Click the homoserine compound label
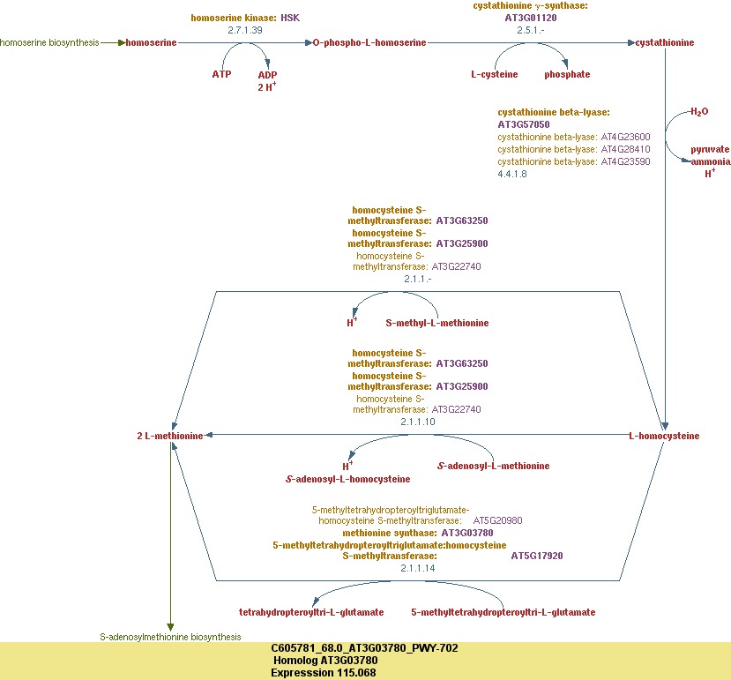pyautogui.click(x=151, y=42)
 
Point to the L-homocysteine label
pyautogui.click(x=664, y=436)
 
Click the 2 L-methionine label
pyautogui.click(x=170, y=436)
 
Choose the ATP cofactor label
pyautogui.click(x=221, y=74)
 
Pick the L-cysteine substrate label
pyautogui.click(x=494, y=74)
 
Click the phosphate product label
pyautogui.click(x=567, y=74)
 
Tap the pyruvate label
pyautogui.click(x=710, y=150)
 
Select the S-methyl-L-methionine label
pyautogui.click(x=437, y=323)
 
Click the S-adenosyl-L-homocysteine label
pyautogui.click(x=347, y=479)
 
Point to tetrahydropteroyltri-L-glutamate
pyautogui.click(x=311, y=611)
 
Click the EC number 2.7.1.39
pyautogui.click(x=246, y=30)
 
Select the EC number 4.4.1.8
pyautogui.click(x=512, y=174)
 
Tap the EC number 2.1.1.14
pyautogui.click(x=418, y=568)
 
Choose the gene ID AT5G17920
pyautogui.click(x=537, y=556)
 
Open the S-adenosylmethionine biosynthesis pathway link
pyautogui.click(x=170, y=636)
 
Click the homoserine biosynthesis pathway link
pyautogui.click(x=49, y=42)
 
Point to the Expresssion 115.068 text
pyautogui.click(x=324, y=672)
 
